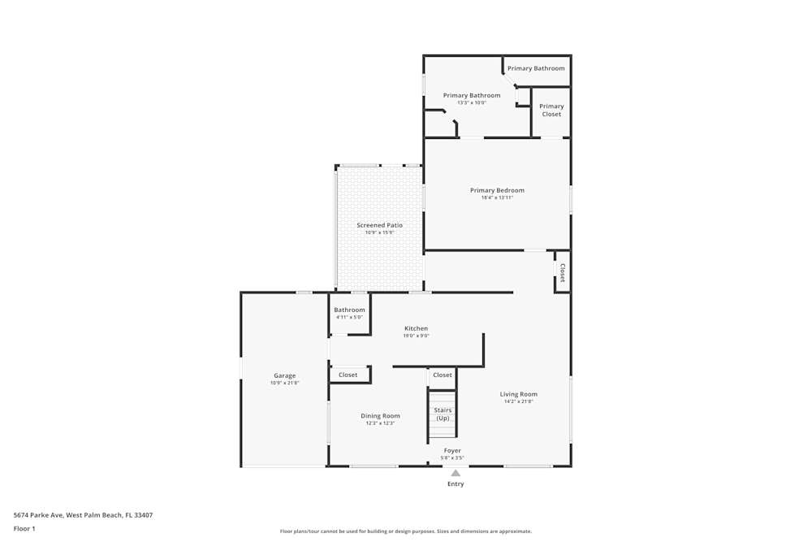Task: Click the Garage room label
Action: (x=284, y=375)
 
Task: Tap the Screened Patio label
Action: (x=379, y=225)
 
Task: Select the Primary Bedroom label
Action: (x=497, y=190)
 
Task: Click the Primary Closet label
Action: (x=551, y=111)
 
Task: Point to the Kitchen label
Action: (x=416, y=328)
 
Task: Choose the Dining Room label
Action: (x=380, y=416)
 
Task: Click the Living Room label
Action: (x=518, y=394)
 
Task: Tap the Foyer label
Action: (x=452, y=450)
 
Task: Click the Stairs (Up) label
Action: (x=443, y=414)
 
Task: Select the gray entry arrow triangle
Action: (x=456, y=473)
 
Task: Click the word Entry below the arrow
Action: (x=456, y=484)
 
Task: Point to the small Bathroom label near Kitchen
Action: (x=349, y=310)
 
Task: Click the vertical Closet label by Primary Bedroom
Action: (x=562, y=272)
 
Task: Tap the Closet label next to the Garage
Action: (x=348, y=375)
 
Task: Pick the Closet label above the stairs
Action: (x=443, y=375)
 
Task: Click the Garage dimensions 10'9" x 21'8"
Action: (x=284, y=383)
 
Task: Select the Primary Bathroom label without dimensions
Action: (x=536, y=68)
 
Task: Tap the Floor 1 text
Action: (x=24, y=528)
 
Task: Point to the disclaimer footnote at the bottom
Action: (x=406, y=531)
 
